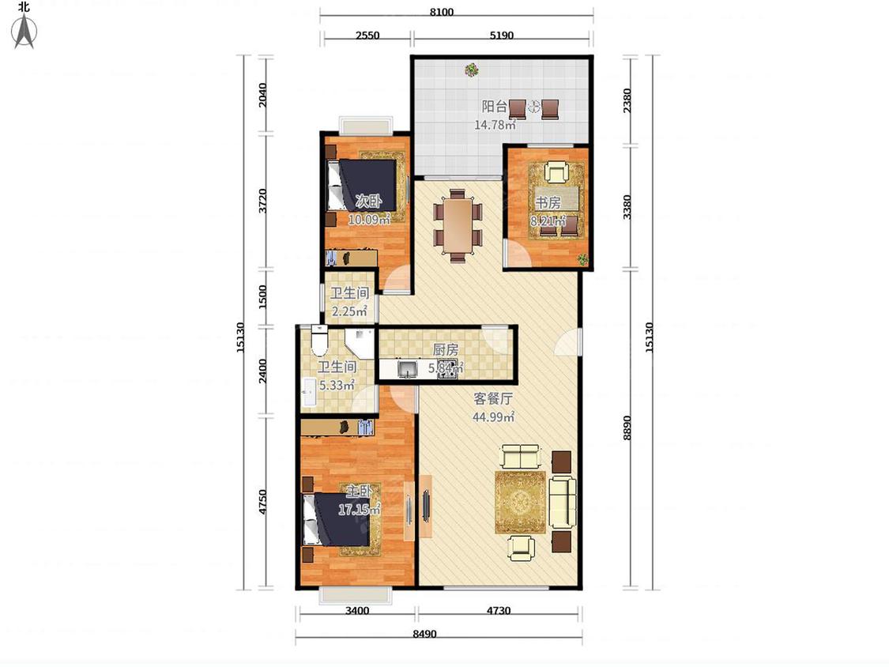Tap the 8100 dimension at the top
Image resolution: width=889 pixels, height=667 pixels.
(x=441, y=12)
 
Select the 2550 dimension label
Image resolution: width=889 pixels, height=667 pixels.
(x=367, y=35)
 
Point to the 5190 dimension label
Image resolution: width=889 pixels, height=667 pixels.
(x=501, y=35)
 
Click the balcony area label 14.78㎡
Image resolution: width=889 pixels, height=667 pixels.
(x=495, y=125)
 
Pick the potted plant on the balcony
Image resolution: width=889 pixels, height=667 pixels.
(x=471, y=70)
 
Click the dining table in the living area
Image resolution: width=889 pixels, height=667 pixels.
(x=458, y=225)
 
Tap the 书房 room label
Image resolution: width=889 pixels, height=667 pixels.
(x=548, y=202)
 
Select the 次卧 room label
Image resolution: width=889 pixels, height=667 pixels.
(x=368, y=201)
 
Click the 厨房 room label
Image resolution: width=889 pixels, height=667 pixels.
(x=446, y=350)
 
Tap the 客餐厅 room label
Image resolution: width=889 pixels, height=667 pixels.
(x=493, y=399)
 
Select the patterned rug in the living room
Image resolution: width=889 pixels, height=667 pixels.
(x=520, y=502)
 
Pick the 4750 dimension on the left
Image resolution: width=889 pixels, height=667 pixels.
(x=262, y=502)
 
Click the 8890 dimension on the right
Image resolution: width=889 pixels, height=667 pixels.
(x=627, y=428)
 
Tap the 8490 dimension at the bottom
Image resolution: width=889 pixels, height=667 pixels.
(x=424, y=634)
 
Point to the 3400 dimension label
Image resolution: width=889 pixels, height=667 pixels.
(x=357, y=611)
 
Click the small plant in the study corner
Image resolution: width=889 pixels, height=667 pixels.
(x=582, y=260)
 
